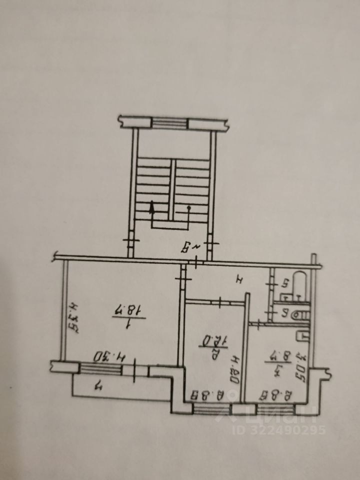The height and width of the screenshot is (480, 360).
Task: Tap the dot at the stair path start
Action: coord(188,207)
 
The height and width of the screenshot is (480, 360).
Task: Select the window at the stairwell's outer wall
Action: coord(169,123)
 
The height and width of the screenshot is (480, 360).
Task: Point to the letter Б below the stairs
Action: coord(185,246)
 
